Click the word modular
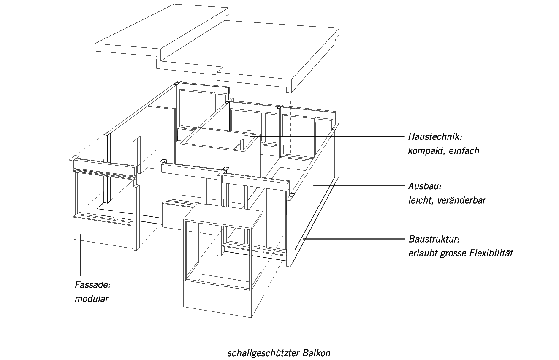click(x=92, y=299)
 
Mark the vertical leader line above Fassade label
click(x=80, y=258)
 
